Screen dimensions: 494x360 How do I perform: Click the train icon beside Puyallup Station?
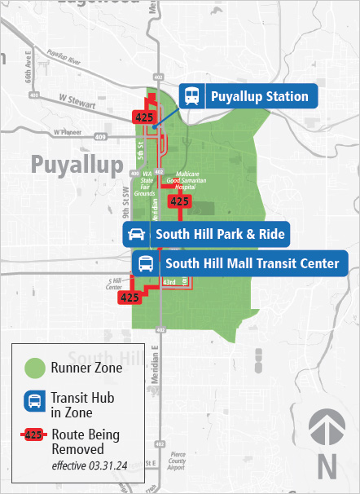point(192,96)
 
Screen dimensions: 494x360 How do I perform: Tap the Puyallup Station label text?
point(259,97)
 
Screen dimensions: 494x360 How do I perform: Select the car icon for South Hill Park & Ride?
point(136,235)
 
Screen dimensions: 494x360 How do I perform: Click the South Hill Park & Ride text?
point(220,235)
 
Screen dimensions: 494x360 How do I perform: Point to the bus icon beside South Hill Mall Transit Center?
point(146,263)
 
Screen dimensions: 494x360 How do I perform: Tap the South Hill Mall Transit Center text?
point(252,263)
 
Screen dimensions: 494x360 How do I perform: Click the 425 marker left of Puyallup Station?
point(146,118)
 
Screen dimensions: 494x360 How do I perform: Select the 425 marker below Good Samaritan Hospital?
point(180,201)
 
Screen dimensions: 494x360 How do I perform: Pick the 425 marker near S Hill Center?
point(130,298)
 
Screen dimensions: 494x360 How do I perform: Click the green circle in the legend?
point(34,368)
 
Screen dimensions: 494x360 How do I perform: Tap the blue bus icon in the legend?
point(34,401)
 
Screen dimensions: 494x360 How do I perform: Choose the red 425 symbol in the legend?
point(33,435)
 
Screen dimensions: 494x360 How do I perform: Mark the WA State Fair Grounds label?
point(147,183)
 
